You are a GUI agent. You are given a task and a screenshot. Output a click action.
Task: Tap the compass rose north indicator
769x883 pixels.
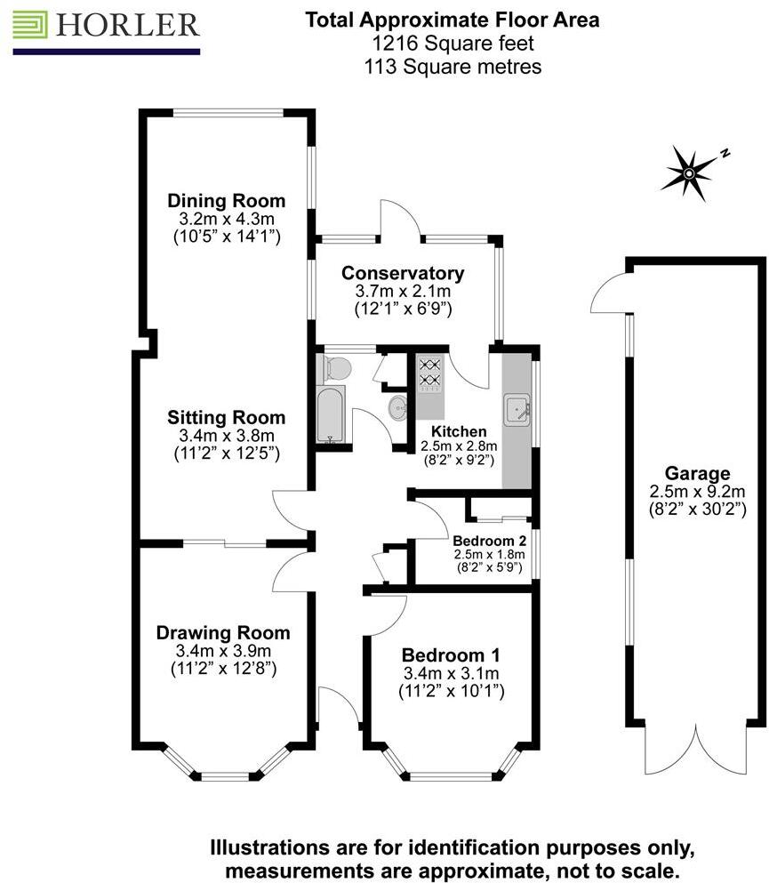click(x=690, y=171)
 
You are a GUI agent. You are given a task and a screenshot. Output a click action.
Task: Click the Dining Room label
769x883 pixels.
click(x=226, y=200)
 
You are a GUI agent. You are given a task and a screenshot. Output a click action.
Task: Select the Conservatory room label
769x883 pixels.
click(x=403, y=273)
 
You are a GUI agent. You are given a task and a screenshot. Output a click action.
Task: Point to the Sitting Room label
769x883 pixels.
click(x=226, y=417)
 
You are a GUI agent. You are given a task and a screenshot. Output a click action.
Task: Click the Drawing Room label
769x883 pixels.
click(x=222, y=633)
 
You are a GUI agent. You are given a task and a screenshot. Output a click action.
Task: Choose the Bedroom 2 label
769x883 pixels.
click(x=489, y=540)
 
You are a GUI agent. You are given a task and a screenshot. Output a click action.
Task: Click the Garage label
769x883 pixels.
click(x=696, y=473)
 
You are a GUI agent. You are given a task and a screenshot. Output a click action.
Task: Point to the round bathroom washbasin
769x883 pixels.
click(x=398, y=408)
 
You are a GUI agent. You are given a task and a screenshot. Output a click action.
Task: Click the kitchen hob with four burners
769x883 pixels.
click(x=430, y=374)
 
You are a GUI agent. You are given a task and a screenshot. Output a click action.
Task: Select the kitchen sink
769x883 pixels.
click(x=517, y=411)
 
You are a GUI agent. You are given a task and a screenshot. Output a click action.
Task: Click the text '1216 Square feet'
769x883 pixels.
click(x=453, y=43)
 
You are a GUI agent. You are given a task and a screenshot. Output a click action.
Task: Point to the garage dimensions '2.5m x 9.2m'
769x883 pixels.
click(x=696, y=491)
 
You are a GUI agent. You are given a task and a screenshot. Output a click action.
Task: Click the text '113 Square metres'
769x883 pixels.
click(x=453, y=66)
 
